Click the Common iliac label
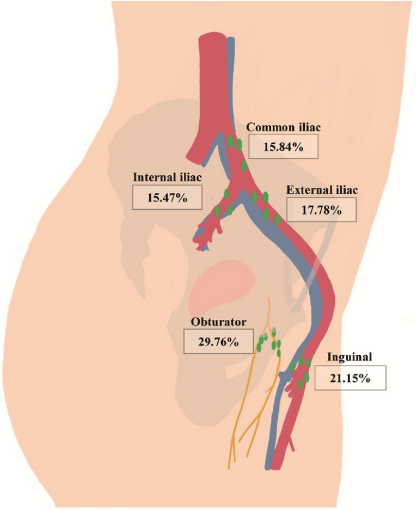click(283, 128)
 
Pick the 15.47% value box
click(167, 198)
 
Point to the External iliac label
click(322, 190)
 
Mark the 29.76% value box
click(218, 341)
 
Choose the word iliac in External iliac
click(345, 190)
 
